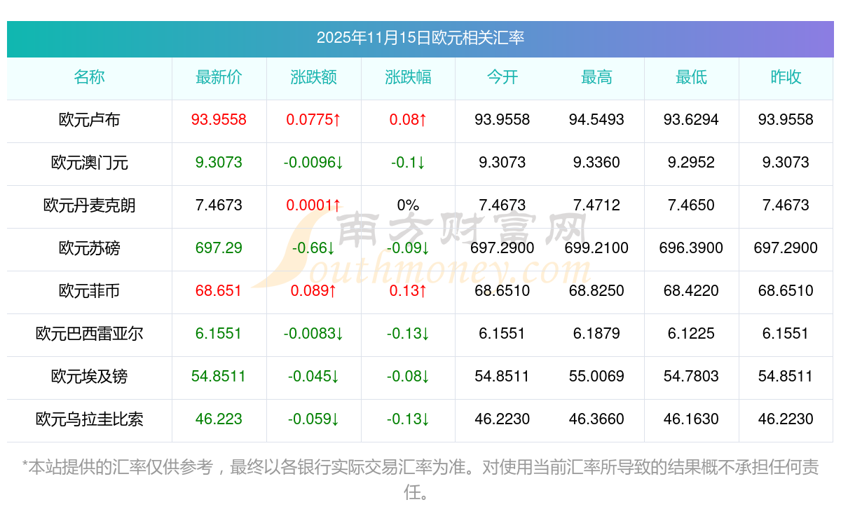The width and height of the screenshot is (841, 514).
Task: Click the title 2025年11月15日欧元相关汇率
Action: [x=420, y=38]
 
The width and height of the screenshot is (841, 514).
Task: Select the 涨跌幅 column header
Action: [x=408, y=78]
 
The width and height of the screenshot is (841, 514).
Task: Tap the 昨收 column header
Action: [x=786, y=78]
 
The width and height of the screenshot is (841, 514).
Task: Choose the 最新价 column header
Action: [x=219, y=78]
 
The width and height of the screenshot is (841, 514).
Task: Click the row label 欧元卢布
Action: [x=89, y=120]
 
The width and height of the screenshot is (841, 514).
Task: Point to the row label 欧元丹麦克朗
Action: [x=89, y=205]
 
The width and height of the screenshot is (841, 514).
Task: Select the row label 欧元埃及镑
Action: [x=89, y=377]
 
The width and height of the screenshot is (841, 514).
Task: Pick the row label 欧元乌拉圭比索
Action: [x=89, y=419]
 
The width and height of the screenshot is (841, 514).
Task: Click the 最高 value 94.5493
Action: [x=596, y=120]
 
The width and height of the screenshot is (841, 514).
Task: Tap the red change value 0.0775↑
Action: [x=313, y=120]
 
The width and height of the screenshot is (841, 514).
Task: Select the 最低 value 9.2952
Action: [x=691, y=163]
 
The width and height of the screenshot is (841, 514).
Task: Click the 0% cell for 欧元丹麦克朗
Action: [x=408, y=205]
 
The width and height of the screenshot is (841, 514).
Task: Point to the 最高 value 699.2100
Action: [x=596, y=248]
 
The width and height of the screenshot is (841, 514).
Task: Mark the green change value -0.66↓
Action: [x=313, y=248]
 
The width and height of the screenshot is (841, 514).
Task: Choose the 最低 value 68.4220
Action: [x=691, y=291]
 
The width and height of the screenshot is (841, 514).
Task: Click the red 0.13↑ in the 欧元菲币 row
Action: [x=408, y=291]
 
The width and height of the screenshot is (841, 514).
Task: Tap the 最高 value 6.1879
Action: [x=596, y=334]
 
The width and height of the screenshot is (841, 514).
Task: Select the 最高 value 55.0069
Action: [x=596, y=377]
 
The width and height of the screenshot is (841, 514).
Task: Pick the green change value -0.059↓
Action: [x=313, y=419]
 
